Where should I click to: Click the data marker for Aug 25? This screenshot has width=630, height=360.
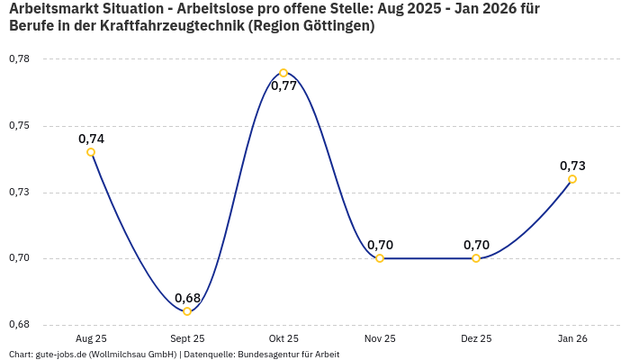91,152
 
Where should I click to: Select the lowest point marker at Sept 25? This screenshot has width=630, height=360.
187,311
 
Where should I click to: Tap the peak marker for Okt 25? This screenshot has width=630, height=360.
283,73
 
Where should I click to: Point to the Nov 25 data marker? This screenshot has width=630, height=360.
380,258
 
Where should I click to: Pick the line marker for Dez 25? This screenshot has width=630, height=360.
476,258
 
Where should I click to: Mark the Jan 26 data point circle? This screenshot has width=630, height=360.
572,179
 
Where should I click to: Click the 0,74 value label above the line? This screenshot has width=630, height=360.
91,139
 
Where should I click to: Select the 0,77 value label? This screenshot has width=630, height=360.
283,86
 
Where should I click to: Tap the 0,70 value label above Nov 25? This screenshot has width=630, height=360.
380,245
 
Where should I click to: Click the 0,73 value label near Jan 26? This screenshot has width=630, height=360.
572,166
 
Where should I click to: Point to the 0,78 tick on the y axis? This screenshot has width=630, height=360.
19,58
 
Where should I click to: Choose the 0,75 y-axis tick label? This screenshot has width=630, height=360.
19,125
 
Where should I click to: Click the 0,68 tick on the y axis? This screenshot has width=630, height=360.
19,324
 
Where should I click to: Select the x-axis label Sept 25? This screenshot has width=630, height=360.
187,338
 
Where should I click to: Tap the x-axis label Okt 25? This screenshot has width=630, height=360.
283,338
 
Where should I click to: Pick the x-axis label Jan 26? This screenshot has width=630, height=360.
572,338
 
